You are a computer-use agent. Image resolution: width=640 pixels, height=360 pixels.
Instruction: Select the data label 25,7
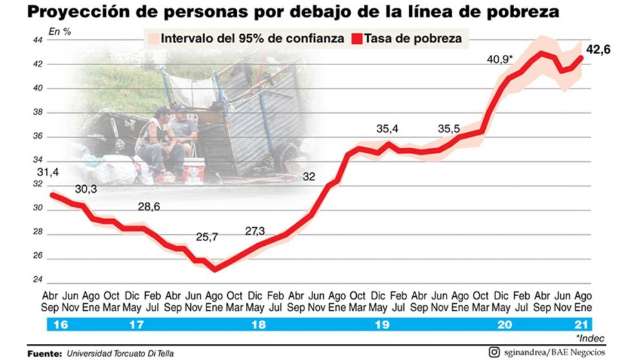207,237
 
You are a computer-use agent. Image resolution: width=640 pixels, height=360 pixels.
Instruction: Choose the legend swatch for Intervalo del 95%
152,39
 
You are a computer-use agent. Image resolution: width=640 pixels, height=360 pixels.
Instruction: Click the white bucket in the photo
194,172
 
